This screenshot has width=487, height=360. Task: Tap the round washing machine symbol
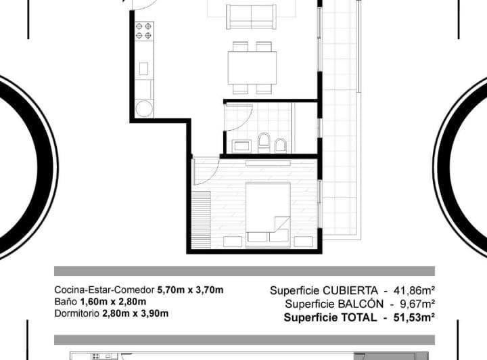(144, 108)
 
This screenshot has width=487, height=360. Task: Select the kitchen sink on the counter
(143, 68)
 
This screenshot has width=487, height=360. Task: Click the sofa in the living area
(251, 17)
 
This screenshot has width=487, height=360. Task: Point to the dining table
(252, 68)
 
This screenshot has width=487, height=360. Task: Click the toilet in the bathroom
(264, 143)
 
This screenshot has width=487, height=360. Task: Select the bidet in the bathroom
(281, 145)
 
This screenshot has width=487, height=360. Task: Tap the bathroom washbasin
(241, 146)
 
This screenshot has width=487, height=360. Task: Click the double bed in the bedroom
(268, 215)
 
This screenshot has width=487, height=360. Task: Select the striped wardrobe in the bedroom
(201, 220)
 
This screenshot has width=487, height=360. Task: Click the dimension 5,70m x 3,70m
(190, 290)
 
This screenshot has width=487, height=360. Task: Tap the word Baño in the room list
(66, 302)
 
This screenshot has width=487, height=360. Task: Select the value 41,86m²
(414, 290)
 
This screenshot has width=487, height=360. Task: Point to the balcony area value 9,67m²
(417, 304)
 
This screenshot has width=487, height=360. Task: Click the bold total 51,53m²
(414, 317)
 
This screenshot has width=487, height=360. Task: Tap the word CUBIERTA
(350, 290)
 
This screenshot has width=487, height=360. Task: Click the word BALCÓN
(361, 304)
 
